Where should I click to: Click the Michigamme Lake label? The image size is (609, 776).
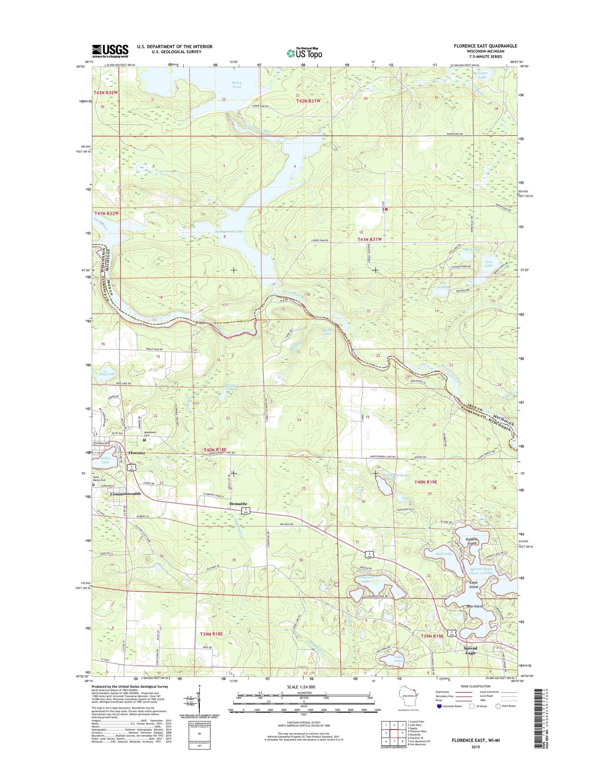point(229,231)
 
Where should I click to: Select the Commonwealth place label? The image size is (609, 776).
point(125,494)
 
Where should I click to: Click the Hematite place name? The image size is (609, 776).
point(238,504)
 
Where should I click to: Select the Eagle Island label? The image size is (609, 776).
point(474,585)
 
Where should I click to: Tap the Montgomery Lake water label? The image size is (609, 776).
point(392,477)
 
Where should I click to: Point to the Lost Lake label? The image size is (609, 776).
point(488,263)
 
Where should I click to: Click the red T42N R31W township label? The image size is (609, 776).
point(308,101)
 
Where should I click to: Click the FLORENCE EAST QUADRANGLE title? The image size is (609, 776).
point(485,46)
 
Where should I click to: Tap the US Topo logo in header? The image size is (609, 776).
point(305,53)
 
